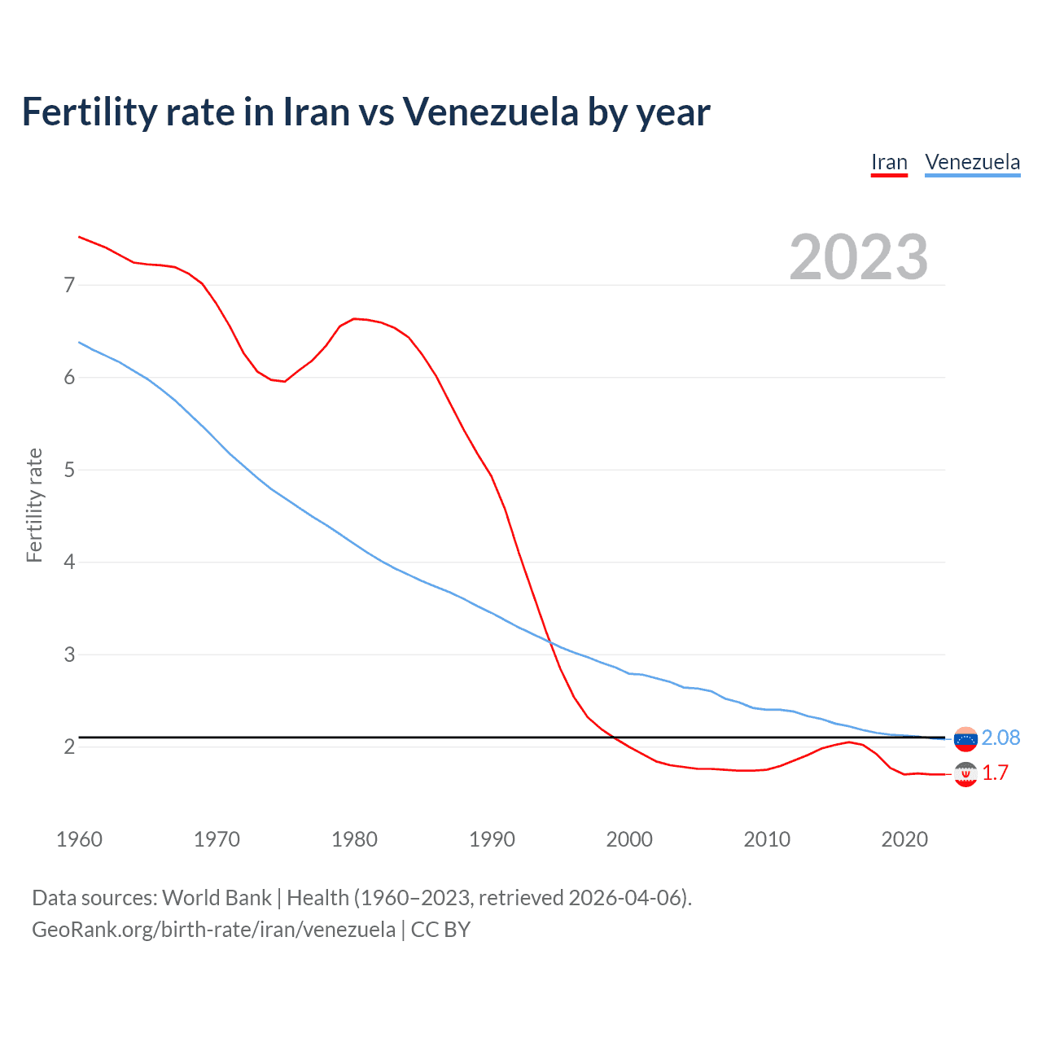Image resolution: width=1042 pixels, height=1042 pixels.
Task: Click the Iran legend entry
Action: click(889, 162)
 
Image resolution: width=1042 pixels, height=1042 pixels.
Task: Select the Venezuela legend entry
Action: click(972, 162)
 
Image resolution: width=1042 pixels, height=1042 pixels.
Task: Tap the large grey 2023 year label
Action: click(858, 257)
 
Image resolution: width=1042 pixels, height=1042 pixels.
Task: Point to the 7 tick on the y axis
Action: click(69, 285)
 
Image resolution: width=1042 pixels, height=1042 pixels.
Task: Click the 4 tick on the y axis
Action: click(69, 562)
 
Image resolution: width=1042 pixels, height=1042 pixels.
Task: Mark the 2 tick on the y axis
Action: click(69, 746)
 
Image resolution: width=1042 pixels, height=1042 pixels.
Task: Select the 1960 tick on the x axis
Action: click(79, 839)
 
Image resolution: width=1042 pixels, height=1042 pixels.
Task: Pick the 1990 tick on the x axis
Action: click(492, 839)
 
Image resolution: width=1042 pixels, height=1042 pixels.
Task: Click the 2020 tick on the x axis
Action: click(904, 839)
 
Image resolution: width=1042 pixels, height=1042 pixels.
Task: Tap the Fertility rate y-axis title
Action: click(34, 505)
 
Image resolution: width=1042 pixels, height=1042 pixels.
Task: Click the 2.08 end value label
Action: click(1000, 738)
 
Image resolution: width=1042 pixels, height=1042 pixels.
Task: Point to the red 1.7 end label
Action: click(995, 773)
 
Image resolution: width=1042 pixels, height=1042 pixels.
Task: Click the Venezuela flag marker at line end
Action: click(965, 738)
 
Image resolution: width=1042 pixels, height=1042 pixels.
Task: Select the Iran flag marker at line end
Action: click(965, 774)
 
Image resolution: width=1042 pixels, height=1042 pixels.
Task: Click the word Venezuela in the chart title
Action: click(490, 112)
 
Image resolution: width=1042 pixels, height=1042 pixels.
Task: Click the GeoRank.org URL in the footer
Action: click(213, 930)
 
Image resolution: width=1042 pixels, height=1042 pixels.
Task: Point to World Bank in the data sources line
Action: click(217, 898)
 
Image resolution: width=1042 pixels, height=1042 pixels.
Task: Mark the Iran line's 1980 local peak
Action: click(354, 318)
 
